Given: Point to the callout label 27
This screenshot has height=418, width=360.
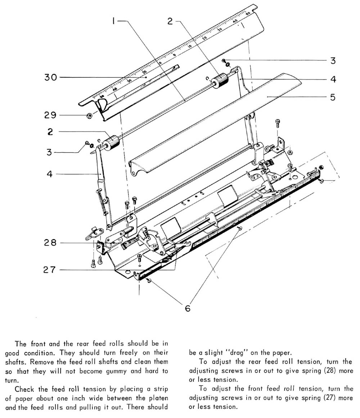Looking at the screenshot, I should click(x=50, y=269).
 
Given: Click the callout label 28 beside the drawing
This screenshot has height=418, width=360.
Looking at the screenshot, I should click(x=50, y=243).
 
